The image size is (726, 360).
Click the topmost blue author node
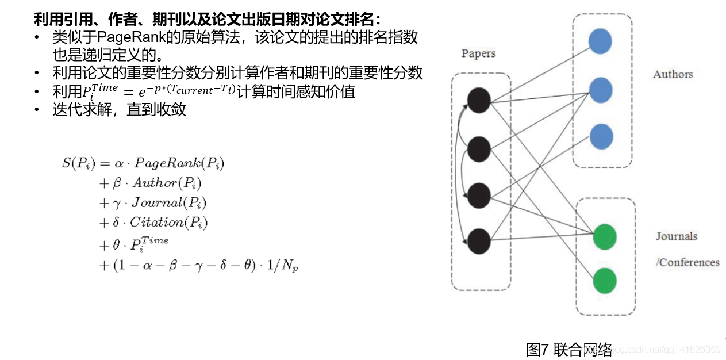point(600,42)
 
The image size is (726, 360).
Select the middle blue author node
point(601,90)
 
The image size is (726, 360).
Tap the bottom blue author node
point(601,137)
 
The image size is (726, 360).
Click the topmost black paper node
point(478,101)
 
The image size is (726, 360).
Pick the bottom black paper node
point(479,242)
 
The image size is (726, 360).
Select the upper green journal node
point(604,237)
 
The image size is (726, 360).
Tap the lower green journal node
point(605,281)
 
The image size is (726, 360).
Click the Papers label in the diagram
point(478,53)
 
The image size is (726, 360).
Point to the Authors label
point(673,74)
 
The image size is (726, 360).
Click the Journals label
point(677,236)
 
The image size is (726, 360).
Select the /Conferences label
point(687,262)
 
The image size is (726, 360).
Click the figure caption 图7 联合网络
point(569,348)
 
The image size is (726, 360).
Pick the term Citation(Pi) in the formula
point(168,223)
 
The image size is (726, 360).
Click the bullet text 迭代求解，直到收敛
point(119,109)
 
